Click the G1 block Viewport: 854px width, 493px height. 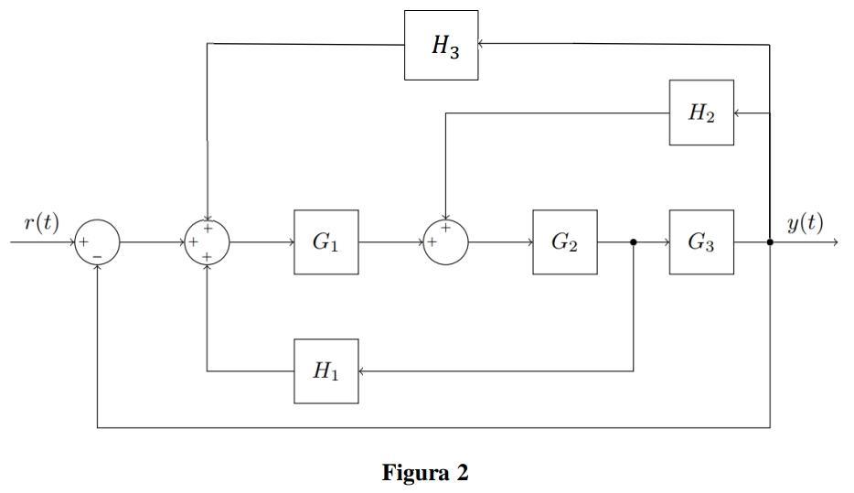[x=326, y=242]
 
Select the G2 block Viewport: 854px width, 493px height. [x=564, y=242]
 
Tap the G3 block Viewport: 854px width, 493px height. [x=701, y=242]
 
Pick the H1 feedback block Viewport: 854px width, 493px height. [x=326, y=370]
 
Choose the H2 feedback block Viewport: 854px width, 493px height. [x=701, y=113]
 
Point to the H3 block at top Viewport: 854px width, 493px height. [x=441, y=46]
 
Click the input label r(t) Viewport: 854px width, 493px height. [x=42, y=222]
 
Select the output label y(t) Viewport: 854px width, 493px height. [x=805, y=222]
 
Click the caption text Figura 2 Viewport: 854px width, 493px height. [x=425, y=473]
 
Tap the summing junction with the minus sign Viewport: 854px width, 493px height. [x=97, y=242]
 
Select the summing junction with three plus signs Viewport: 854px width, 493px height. [x=207, y=242]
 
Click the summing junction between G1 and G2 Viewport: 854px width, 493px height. [x=445, y=242]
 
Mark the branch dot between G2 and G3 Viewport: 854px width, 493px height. [x=634, y=242]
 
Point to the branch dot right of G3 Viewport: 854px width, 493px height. [x=770, y=242]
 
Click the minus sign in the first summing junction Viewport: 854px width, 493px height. [x=97, y=256]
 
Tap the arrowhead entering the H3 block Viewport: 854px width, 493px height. [x=482, y=43]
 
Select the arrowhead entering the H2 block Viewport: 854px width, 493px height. [x=738, y=113]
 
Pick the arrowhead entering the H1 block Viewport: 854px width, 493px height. [x=362, y=370]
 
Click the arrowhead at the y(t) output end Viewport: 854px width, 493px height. [x=834, y=242]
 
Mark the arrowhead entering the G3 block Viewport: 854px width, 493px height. [x=666, y=242]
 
